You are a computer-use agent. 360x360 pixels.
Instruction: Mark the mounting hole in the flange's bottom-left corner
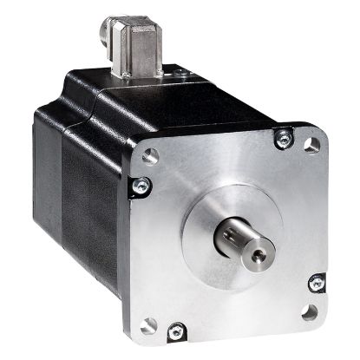pos(150,324)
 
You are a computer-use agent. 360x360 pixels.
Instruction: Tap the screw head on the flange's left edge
pos(138,184)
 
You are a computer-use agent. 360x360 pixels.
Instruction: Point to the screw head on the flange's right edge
pos(317,283)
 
